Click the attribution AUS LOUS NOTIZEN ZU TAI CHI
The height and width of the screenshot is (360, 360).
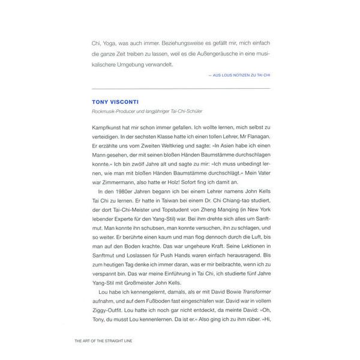tap(238, 76)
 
